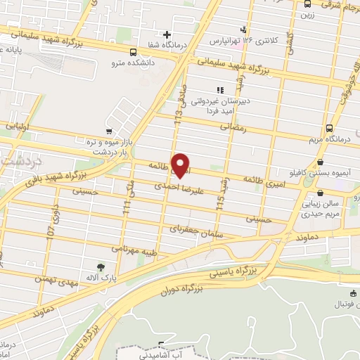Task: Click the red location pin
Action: (181, 165)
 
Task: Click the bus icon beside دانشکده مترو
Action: (134, 51)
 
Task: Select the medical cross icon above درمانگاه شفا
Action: (167, 34)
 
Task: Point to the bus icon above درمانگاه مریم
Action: (330, 128)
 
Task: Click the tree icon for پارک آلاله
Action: (102, 266)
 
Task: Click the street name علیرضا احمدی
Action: (179, 188)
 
